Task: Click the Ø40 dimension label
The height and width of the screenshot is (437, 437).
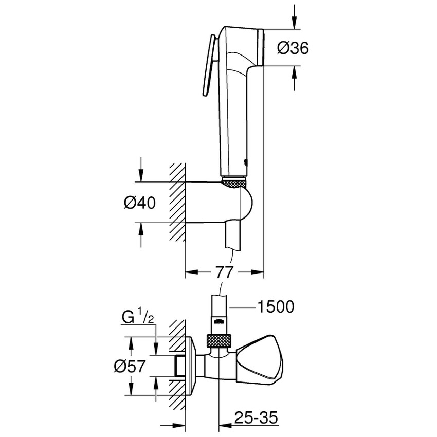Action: [139, 203]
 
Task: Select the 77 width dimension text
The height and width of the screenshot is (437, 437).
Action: [224, 272]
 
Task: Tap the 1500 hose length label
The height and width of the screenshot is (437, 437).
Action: [275, 307]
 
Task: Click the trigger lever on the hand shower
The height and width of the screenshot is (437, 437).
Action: [208, 67]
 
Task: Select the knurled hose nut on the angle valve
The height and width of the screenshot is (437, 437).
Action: [217, 341]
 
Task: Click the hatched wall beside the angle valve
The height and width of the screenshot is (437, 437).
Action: [177, 360]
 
